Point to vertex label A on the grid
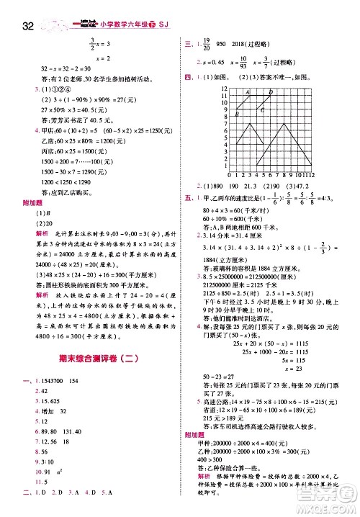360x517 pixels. point(247,92)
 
